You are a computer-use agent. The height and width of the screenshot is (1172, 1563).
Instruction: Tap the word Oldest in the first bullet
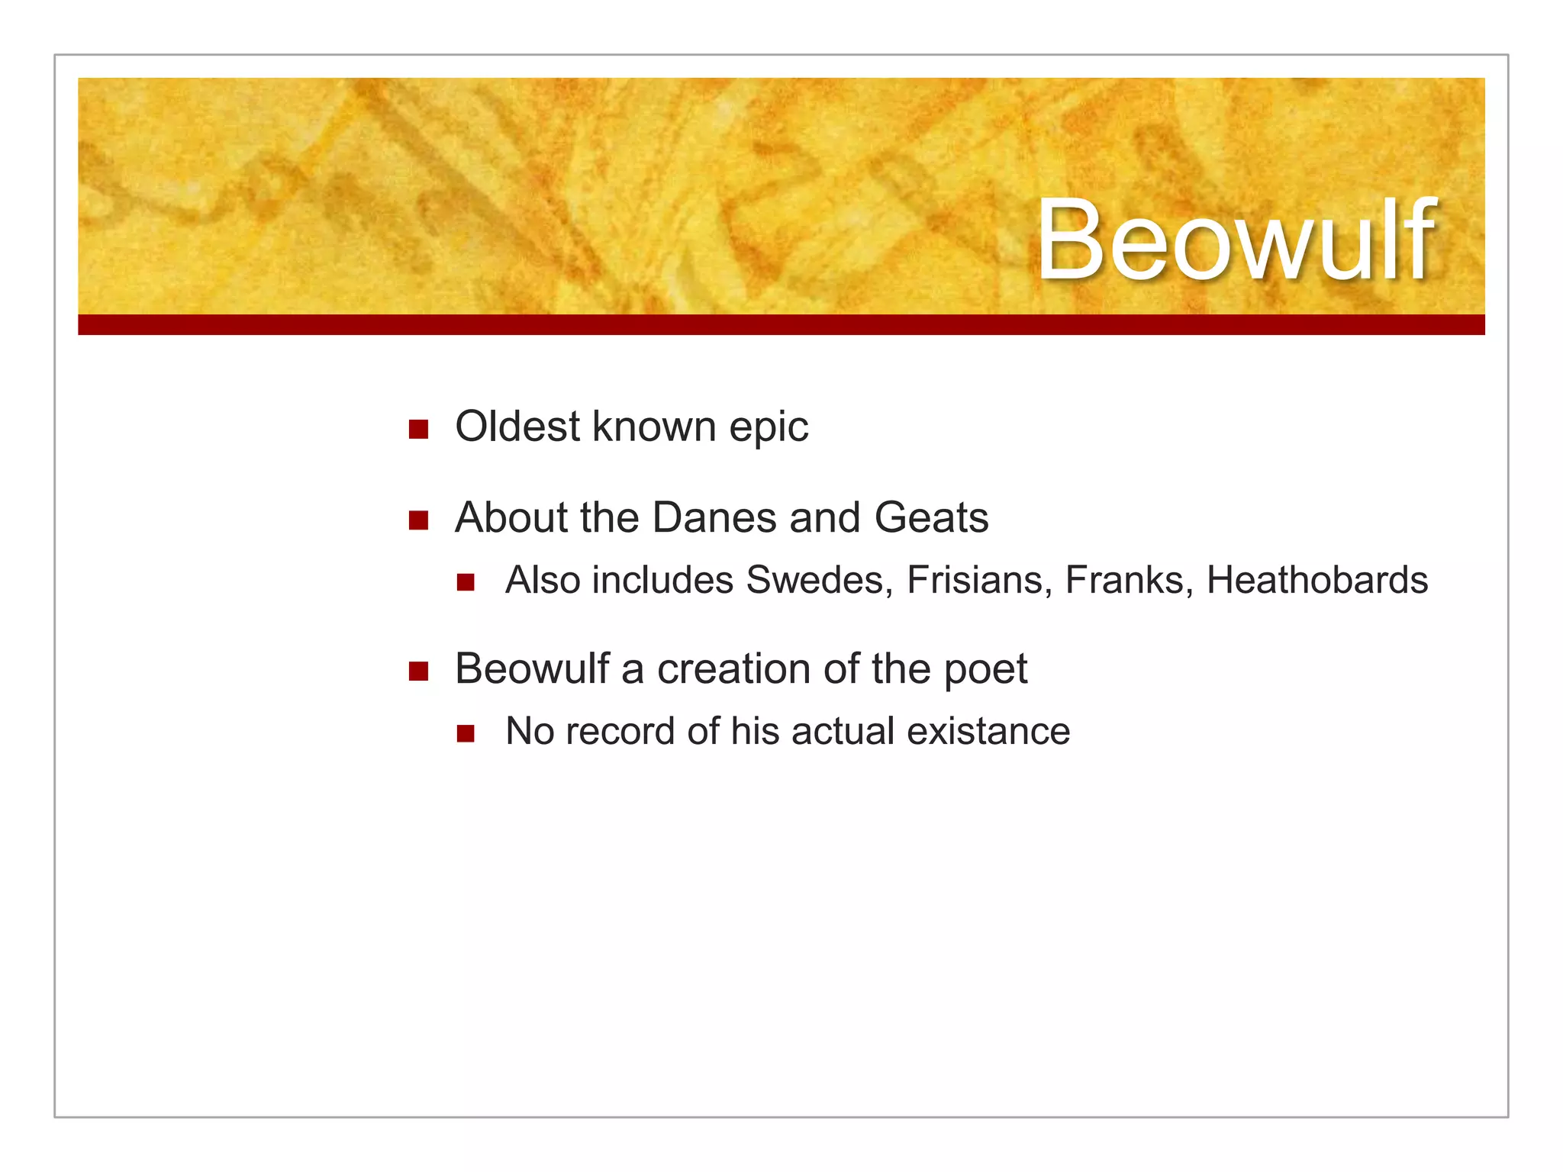pyautogui.click(x=517, y=427)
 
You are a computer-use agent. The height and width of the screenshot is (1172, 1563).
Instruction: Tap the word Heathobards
pyautogui.click(x=1316, y=581)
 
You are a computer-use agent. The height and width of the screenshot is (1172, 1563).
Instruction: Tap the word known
pyautogui.click(x=654, y=427)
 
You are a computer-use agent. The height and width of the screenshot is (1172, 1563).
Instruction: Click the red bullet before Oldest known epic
pyautogui.click(x=418, y=430)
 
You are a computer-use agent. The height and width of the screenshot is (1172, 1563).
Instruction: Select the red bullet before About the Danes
pyautogui.click(x=418, y=520)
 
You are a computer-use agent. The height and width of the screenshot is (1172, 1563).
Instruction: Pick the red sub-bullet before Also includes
pyautogui.click(x=466, y=583)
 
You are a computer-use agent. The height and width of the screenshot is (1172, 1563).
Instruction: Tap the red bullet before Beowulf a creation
pyautogui.click(x=418, y=671)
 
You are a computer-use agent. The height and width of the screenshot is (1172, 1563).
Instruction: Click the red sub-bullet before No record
pyautogui.click(x=466, y=734)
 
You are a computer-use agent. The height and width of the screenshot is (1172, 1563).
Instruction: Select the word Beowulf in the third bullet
pyautogui.click(x=532, y=669)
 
